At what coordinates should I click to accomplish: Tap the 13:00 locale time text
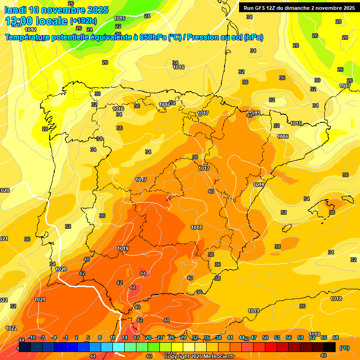click(x=36, y=21)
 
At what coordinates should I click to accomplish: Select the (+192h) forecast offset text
click(x=83, y=21)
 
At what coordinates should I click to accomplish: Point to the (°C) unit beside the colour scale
click(x=345, y=348)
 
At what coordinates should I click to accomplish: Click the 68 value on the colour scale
click(x=336, y=337)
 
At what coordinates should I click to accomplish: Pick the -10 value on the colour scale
click(x=32, y=337)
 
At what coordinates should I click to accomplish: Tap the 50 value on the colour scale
click(x=265, y=337)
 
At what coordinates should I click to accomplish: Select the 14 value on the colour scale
click(x=125, y=337)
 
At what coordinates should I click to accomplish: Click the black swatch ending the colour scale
click(x=330, y=347)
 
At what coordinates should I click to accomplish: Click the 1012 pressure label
click(x=30, y=30)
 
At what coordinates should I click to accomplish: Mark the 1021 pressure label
click(x=40, y=300)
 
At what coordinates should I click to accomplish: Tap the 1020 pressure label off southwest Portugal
click(x=61, y=269)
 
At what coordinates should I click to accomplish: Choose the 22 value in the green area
click(x=118, y=26)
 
